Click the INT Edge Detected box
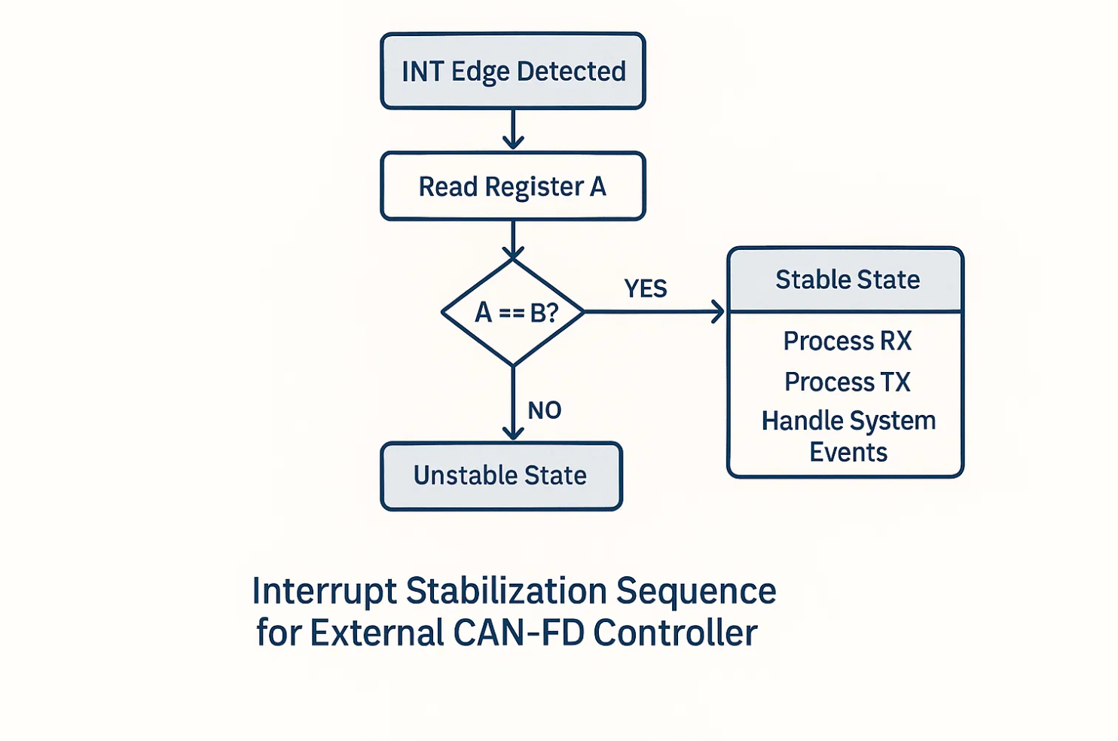point(513,72)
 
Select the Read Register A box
point(513,186)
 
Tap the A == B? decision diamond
point(514,312)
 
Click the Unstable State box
point(501,476)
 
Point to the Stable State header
point(847,280)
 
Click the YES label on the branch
point(646,288)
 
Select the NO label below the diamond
point(544,410)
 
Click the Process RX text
point(848,341)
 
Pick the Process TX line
point(848,382)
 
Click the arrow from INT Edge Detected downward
point(513,130)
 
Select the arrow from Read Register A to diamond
point(513,239)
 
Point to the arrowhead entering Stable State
point(717,312)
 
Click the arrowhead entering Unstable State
point(513,433)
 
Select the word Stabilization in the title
point(506,592)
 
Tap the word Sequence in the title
point(696,592)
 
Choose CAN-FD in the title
point(518,633)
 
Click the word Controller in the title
point(675,633)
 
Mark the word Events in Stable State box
point(848,453)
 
